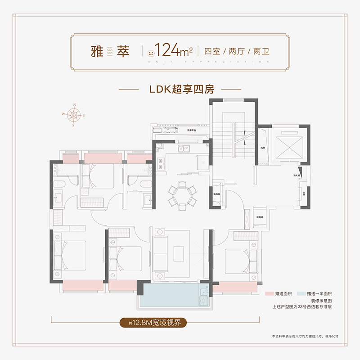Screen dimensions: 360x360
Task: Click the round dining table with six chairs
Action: coord(182,195)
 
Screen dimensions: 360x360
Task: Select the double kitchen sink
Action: coord(184,148)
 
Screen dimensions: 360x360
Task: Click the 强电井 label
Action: coord(216,194)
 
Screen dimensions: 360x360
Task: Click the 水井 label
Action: coord(304,193)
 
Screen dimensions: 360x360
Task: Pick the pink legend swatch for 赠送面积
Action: coord(270,293)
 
